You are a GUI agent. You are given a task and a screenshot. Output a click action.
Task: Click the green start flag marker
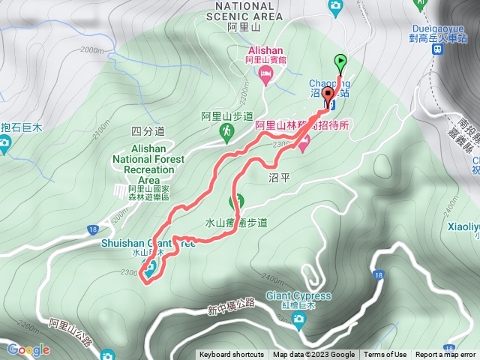[340, 63]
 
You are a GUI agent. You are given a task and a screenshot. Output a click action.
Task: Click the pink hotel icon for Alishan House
[264, 73]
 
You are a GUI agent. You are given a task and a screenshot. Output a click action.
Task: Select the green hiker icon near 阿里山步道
[226, 132]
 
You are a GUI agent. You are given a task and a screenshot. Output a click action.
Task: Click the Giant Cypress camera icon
[299, 321]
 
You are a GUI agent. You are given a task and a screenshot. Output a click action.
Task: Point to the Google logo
[28, 349]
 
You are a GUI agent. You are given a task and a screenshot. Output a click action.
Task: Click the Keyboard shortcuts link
[231, 355]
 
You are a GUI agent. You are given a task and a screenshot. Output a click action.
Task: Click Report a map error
[446, 355]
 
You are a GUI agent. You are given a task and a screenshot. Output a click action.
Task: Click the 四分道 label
[142, 130]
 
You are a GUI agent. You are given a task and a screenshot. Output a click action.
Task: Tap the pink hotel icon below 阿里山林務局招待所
[303, 145]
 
